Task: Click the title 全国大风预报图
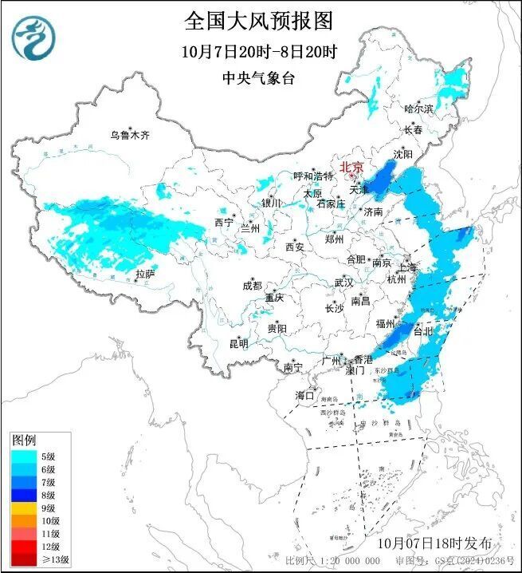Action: tap(258, 20)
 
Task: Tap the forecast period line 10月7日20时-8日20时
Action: tap(259, 52)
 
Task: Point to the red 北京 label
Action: tap(351, 167)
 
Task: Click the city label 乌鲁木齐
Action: tap(130, 135)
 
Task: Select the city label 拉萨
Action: tap(144, 274)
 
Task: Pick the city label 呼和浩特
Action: tap(312, 176)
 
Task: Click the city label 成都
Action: tap(253, 286)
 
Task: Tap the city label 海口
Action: tap(304, 395)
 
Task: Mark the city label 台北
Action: tap(425, 330)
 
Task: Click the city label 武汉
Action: tap(343, 283)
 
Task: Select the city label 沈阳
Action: tap(403, 153)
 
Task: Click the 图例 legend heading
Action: tap(23, 441)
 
